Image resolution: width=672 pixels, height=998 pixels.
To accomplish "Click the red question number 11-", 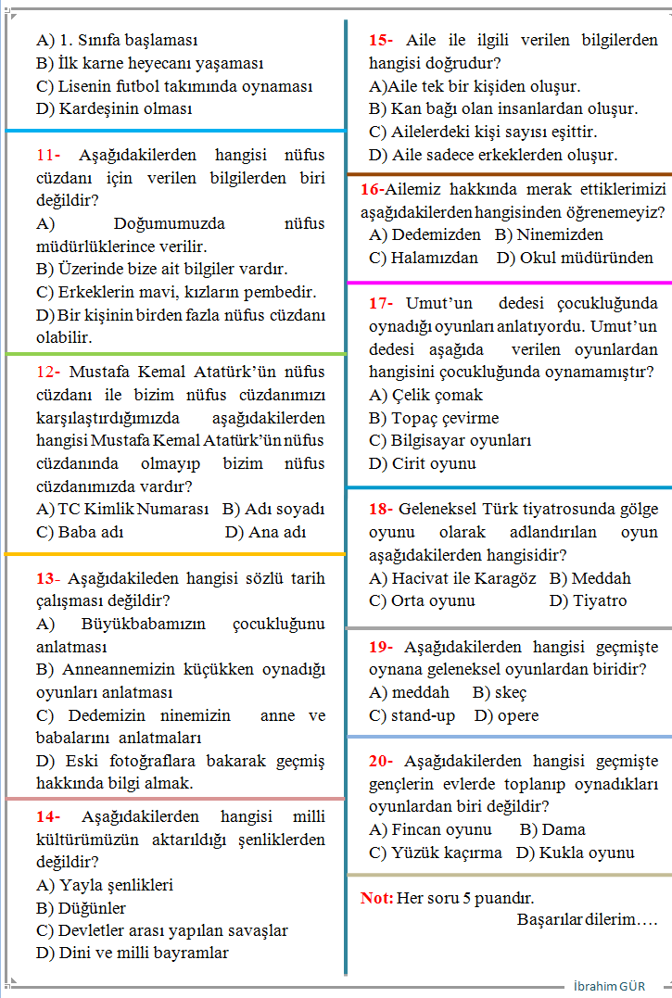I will pos(48,156).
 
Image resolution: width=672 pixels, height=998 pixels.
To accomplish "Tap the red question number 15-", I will pos(380,41).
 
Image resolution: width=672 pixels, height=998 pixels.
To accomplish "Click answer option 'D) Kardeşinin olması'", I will pos(114,108).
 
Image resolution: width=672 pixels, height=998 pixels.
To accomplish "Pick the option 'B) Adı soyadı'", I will pos(273,510).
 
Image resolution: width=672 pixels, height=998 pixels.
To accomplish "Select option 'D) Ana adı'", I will pos(265,532).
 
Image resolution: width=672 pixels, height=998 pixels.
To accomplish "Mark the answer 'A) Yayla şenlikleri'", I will pos(105,885).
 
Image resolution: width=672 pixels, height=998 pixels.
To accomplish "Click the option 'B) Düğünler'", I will pos(81,908).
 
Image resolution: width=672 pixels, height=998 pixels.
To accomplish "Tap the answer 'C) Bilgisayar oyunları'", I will pos(450,441).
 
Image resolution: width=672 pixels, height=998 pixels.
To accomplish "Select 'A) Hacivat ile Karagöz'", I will pos(452,578).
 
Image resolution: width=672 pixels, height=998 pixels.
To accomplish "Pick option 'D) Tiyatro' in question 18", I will pos(588,600).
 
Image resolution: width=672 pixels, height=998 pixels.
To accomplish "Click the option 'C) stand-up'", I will pos(412,715).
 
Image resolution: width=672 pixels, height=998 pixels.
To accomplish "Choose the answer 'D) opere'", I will pos(506,715).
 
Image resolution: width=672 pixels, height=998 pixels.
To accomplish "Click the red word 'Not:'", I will pos(376,898).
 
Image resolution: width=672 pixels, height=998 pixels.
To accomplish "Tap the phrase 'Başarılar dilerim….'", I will pos(587,920).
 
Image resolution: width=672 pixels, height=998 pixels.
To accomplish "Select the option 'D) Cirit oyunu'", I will pos(422,463).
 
